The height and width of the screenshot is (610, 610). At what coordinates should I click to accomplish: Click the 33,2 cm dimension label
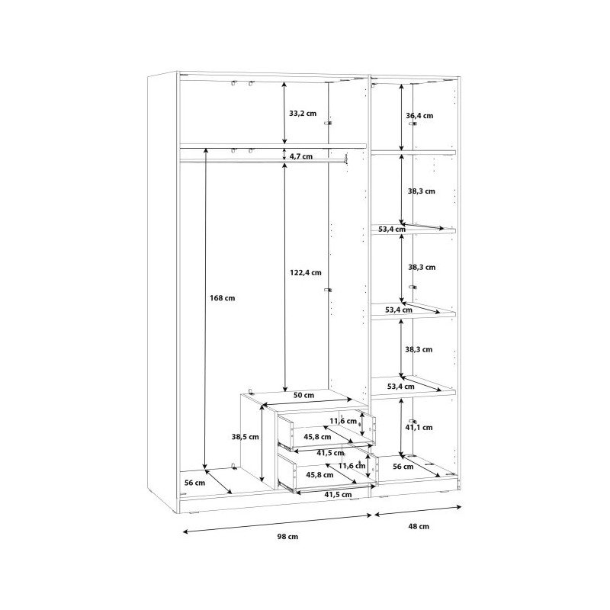303,113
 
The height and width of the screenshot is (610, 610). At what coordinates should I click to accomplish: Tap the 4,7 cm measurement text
302,156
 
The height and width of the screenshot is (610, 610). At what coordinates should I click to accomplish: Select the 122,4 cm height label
305,272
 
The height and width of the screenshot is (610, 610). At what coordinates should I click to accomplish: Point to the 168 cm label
222,298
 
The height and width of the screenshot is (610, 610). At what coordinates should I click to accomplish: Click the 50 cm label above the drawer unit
304,395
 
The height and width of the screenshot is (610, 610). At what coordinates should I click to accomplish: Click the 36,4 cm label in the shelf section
419,116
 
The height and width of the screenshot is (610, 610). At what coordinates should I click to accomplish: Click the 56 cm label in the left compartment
194,483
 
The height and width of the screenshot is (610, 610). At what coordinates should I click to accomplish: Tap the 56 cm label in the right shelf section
403,467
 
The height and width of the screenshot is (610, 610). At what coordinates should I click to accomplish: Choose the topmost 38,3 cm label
421,191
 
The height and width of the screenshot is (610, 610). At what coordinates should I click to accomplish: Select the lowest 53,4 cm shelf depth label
400,387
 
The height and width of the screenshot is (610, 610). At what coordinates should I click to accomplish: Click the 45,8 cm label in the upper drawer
316,437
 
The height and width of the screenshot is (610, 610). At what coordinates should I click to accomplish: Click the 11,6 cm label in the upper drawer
343,421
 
